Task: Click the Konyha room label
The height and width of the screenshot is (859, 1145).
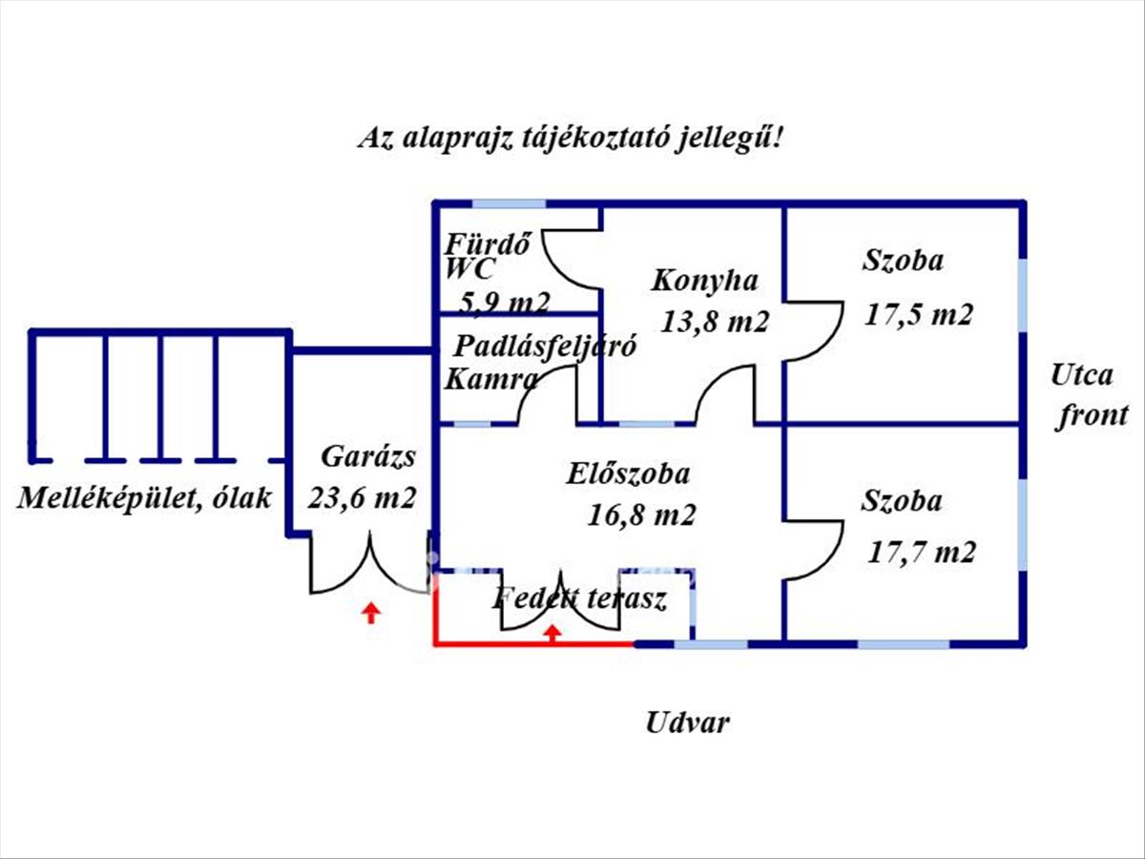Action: coord(705,281)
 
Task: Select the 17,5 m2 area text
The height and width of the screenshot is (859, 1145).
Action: coord(918,315)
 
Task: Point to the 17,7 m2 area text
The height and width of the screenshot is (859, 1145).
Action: coord(922,551)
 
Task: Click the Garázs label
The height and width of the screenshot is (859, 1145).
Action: coord(367,456)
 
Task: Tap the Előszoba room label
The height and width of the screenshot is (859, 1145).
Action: coord(627,472)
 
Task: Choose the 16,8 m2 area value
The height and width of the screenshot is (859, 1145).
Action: coord(640,515)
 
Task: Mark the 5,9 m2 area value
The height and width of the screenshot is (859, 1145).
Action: coord(504,303)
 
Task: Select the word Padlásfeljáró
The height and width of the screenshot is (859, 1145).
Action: coord(545,345)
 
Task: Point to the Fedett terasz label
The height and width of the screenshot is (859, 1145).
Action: coord(579,599)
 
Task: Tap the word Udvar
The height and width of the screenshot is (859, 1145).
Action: coord(687,722)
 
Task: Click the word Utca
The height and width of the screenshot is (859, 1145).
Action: coord(1081,374)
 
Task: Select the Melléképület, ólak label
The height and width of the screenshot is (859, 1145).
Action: coord(144,497)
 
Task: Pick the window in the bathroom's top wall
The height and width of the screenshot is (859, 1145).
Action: coord(510,203)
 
